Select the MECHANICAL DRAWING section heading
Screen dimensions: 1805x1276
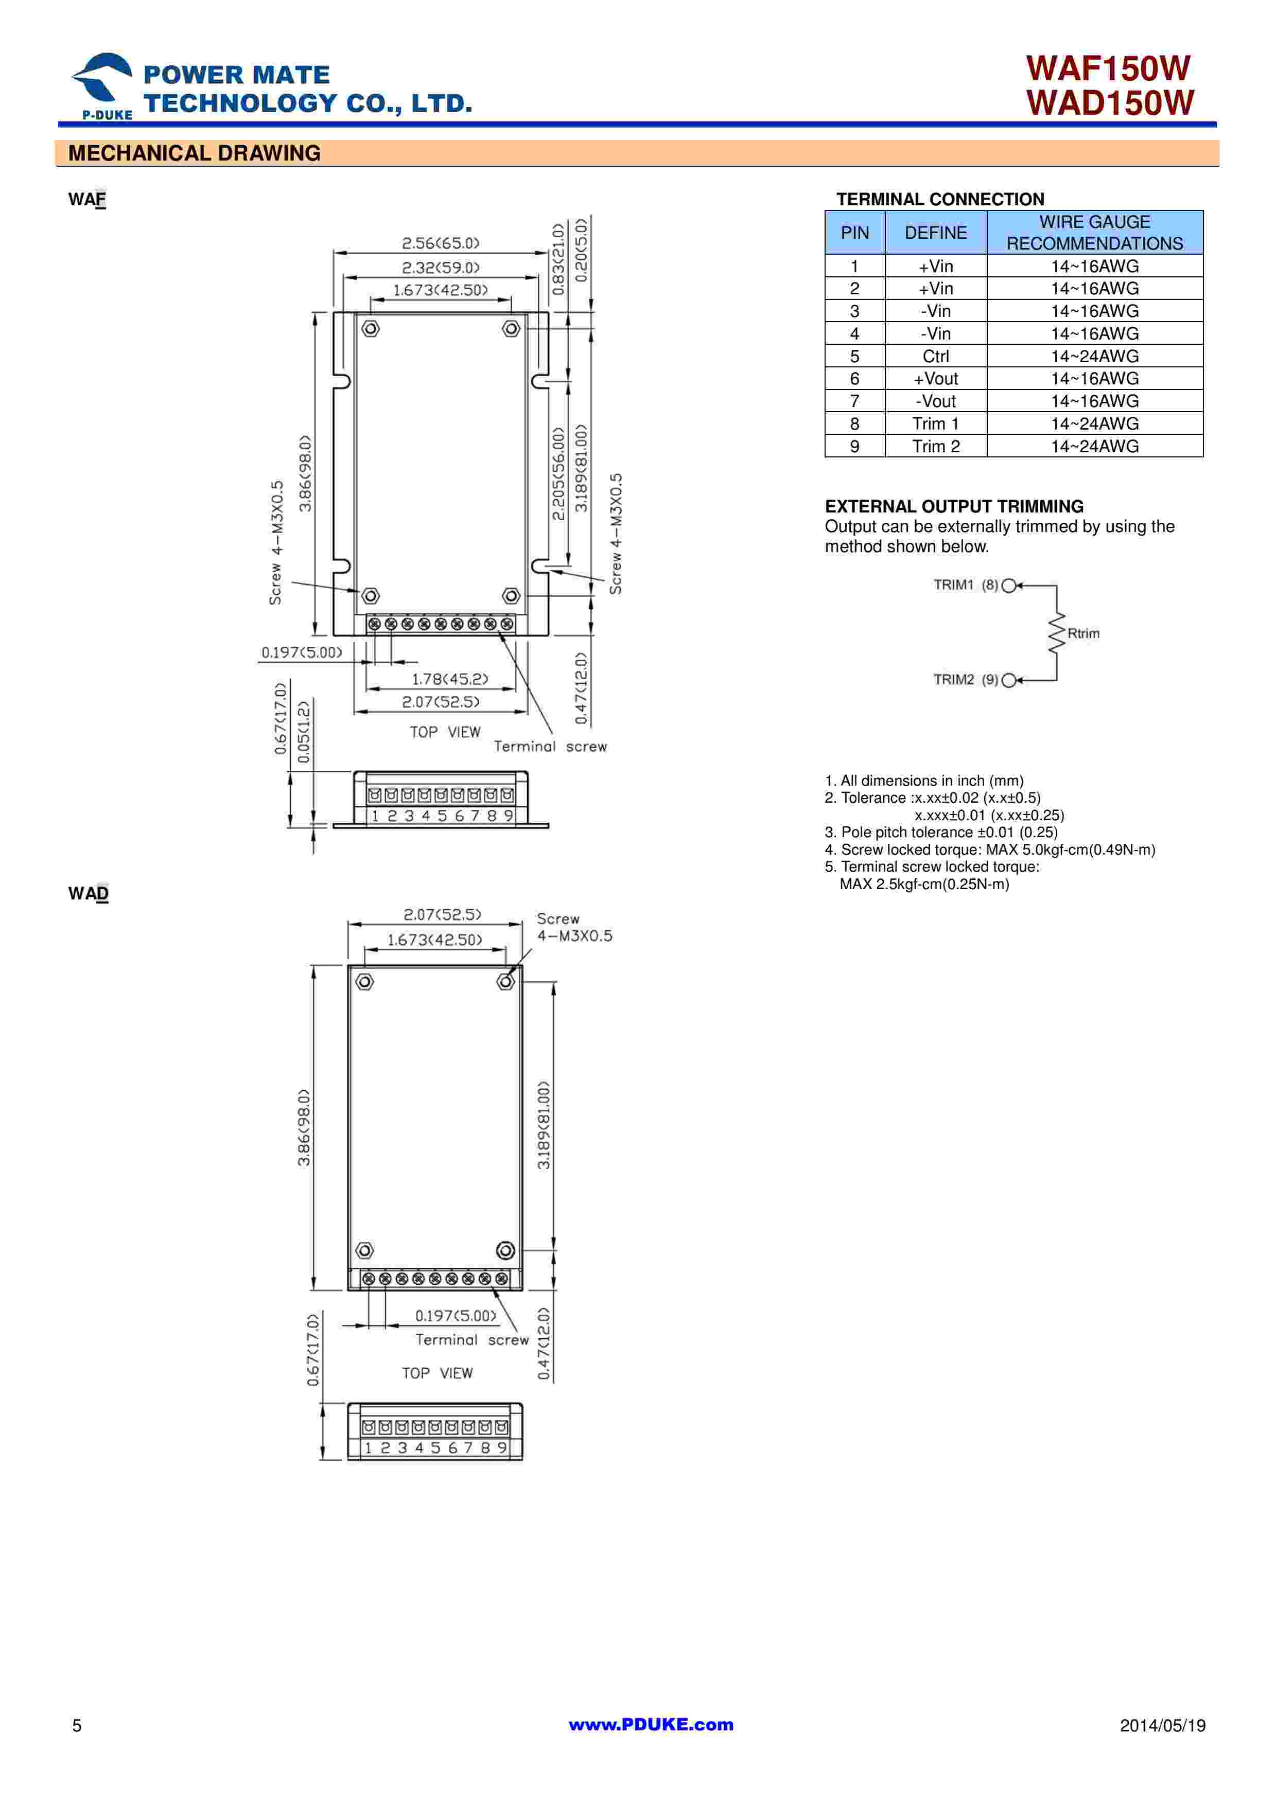[x=194, y=153]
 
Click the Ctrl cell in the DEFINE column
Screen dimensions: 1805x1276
[x=936, y=356]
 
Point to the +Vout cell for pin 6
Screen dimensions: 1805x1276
[x=936, y=379]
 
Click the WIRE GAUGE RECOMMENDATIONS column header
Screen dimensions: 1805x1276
[x=1094, y=233]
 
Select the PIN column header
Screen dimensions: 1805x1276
[x=854, y=233]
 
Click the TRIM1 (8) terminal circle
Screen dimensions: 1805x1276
[x=1009, y=586]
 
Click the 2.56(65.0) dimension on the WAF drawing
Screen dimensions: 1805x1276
[x=440, y=243]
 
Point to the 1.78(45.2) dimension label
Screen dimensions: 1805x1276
[x=450, y=679]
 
